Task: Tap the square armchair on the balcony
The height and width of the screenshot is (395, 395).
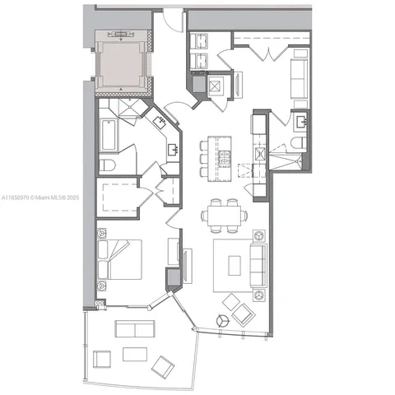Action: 103,360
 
